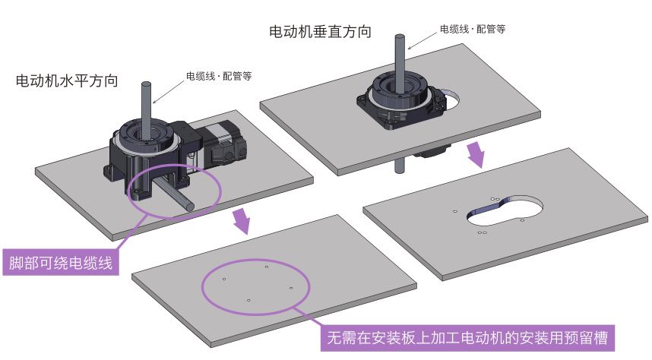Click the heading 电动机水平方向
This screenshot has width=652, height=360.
point(66,81)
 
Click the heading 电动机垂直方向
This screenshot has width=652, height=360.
point(320,32)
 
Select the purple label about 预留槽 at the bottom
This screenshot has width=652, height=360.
point(469,335)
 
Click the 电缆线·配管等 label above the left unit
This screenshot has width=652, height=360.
point(218,76)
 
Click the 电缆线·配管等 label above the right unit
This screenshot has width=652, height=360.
point(472,29)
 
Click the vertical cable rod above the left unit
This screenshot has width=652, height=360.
point(147,103)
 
